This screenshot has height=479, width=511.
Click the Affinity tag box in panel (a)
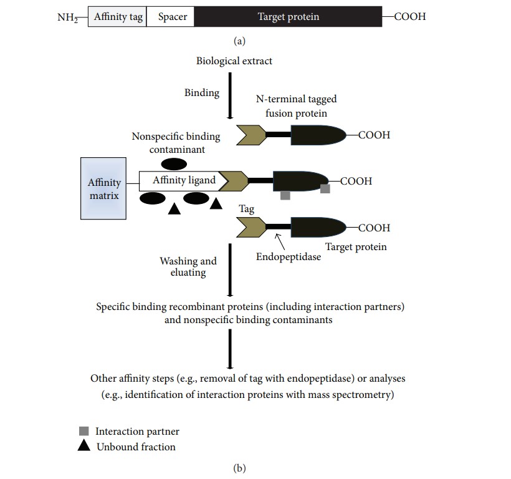point(117,17)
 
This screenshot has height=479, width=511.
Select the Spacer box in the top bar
point(173,17)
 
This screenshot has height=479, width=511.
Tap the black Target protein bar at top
point(288,17)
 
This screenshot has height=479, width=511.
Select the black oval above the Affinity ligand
point(174,164)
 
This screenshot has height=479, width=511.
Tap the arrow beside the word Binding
point(231,94)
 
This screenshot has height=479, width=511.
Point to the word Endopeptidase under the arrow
point(288,256)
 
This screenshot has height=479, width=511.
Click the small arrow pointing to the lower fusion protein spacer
point(273,240)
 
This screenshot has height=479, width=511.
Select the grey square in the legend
point(84,431)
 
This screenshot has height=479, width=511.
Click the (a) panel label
point(239,41)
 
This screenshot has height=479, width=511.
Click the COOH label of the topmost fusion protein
point(374,135)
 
